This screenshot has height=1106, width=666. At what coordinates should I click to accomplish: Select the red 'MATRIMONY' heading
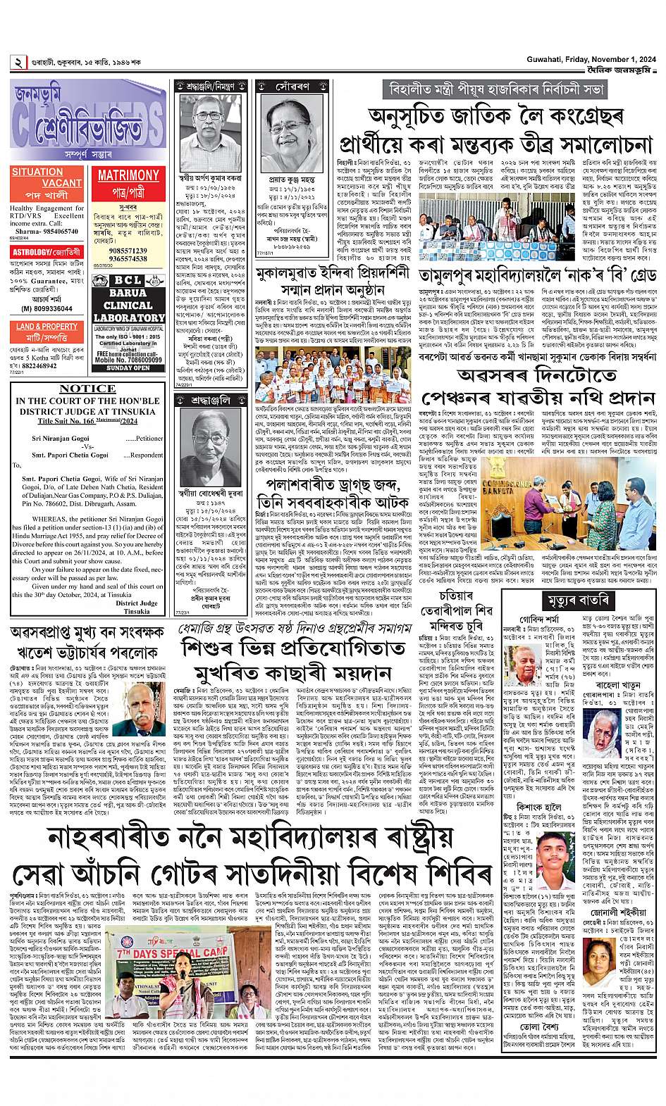(128, 175)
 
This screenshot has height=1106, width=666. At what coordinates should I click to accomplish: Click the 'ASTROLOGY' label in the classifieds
(27, 251)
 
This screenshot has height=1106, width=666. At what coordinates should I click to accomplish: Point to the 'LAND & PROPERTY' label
(47, 327)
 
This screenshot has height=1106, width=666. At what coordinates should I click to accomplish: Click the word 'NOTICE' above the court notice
(88, 388)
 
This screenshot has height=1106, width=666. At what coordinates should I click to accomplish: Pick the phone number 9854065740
(62, 231)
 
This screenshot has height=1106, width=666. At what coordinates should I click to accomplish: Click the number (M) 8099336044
(45, 308)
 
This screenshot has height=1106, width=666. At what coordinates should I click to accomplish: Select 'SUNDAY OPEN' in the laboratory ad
(128, 368)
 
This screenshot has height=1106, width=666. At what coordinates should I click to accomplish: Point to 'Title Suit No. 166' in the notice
(66, 421)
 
